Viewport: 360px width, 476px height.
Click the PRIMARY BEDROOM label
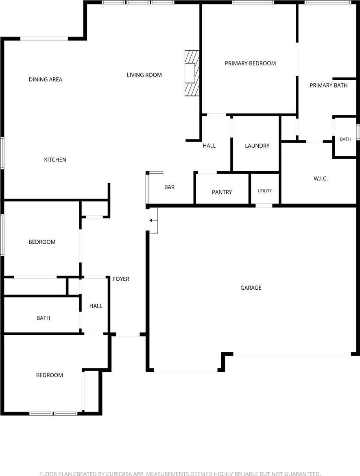pos(250,63)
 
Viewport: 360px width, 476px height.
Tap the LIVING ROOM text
pos(144,75)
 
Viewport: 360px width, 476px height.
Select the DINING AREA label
pos(46,79)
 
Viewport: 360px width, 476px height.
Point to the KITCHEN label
pos(55,159)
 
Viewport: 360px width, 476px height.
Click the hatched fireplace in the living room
pos(192,73)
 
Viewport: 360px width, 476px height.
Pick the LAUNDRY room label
pos(257,146)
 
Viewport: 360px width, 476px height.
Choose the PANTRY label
pos(222,192)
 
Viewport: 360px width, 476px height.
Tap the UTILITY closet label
pos(265,191)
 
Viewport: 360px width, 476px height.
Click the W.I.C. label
pos(321,179)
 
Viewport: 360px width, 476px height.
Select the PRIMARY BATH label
pos(328,85)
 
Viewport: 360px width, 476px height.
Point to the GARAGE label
pos(251,288)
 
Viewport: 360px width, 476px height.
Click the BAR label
pos(169,187)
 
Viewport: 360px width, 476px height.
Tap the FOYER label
pos(121,279)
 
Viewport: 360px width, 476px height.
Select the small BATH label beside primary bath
pos(345,139)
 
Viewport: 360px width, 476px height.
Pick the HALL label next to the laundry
pos(209,146)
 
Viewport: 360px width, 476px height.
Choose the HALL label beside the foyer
pos(96,306)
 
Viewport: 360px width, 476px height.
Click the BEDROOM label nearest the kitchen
pos(42,242)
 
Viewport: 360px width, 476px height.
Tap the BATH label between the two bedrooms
pos(43,318)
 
